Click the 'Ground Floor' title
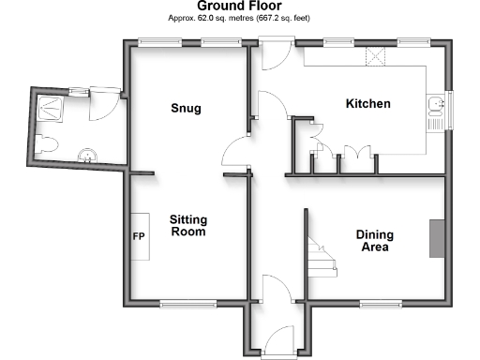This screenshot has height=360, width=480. click(x=239, y=6)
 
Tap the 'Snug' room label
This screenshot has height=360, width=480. click(x=186, y=109)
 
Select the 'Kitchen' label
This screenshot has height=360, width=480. click(x=367, y=103)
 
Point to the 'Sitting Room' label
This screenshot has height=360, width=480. click(x=187, y=226)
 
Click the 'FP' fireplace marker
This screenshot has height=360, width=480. click(x=138, y=236)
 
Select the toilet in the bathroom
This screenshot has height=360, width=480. click(x=47, y=144)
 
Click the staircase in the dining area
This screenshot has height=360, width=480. click(x=322, y=255)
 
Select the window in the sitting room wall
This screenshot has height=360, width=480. click(x=187, y=303)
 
